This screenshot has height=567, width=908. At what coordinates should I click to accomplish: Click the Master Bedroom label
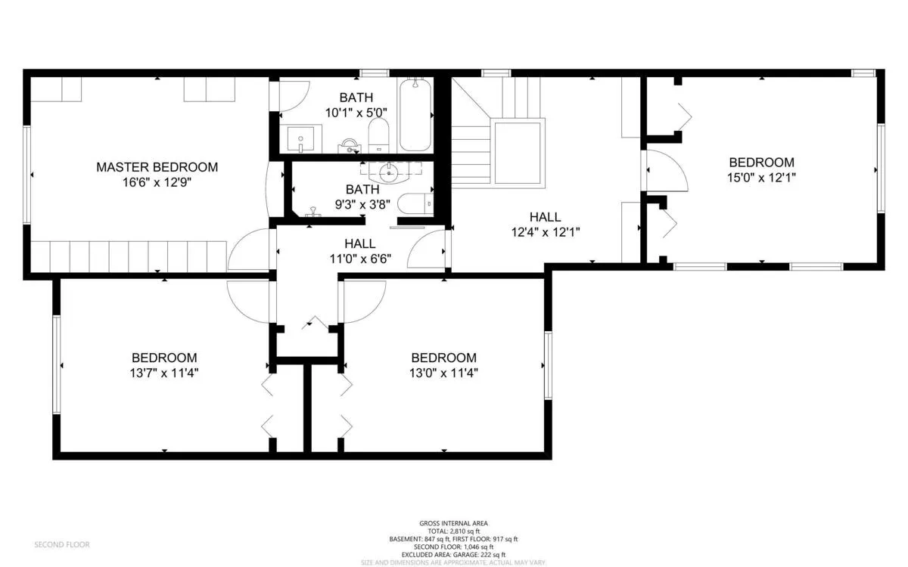(157, 167)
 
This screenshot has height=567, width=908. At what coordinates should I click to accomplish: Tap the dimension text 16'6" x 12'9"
(157, 182)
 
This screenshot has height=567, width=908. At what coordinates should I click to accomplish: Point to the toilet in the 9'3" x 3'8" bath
(415, 203)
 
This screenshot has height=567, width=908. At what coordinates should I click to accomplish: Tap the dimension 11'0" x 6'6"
(360, 259)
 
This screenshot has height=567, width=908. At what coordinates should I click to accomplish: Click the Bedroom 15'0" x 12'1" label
(761, 163)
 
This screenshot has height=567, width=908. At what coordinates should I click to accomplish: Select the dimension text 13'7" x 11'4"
(164, 373)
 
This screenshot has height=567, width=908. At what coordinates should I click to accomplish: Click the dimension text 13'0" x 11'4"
(443, 373)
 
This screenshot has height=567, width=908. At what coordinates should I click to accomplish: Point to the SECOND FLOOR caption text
(62, 544)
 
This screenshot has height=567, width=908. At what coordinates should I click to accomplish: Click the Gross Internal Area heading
(454, 523)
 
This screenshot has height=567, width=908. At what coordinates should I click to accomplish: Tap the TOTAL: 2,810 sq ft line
(454, 531)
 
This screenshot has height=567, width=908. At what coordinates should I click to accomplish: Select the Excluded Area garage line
(454, 555)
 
